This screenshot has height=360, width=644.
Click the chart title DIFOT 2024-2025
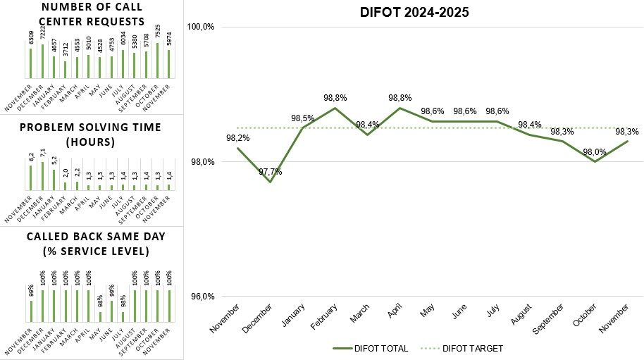pos(414,12)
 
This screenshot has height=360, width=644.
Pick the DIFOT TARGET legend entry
pos(462,348)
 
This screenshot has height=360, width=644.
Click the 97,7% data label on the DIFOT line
pos(271,172)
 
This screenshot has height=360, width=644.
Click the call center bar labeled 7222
pos(42,61)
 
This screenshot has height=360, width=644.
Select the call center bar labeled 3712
pos(65,69)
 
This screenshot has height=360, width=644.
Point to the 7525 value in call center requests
pos(157,35)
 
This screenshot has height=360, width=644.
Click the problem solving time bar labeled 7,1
pos(42,175)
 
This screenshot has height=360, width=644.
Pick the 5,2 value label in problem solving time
pos(54,163)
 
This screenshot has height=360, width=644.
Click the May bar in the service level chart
pos(99,316)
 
